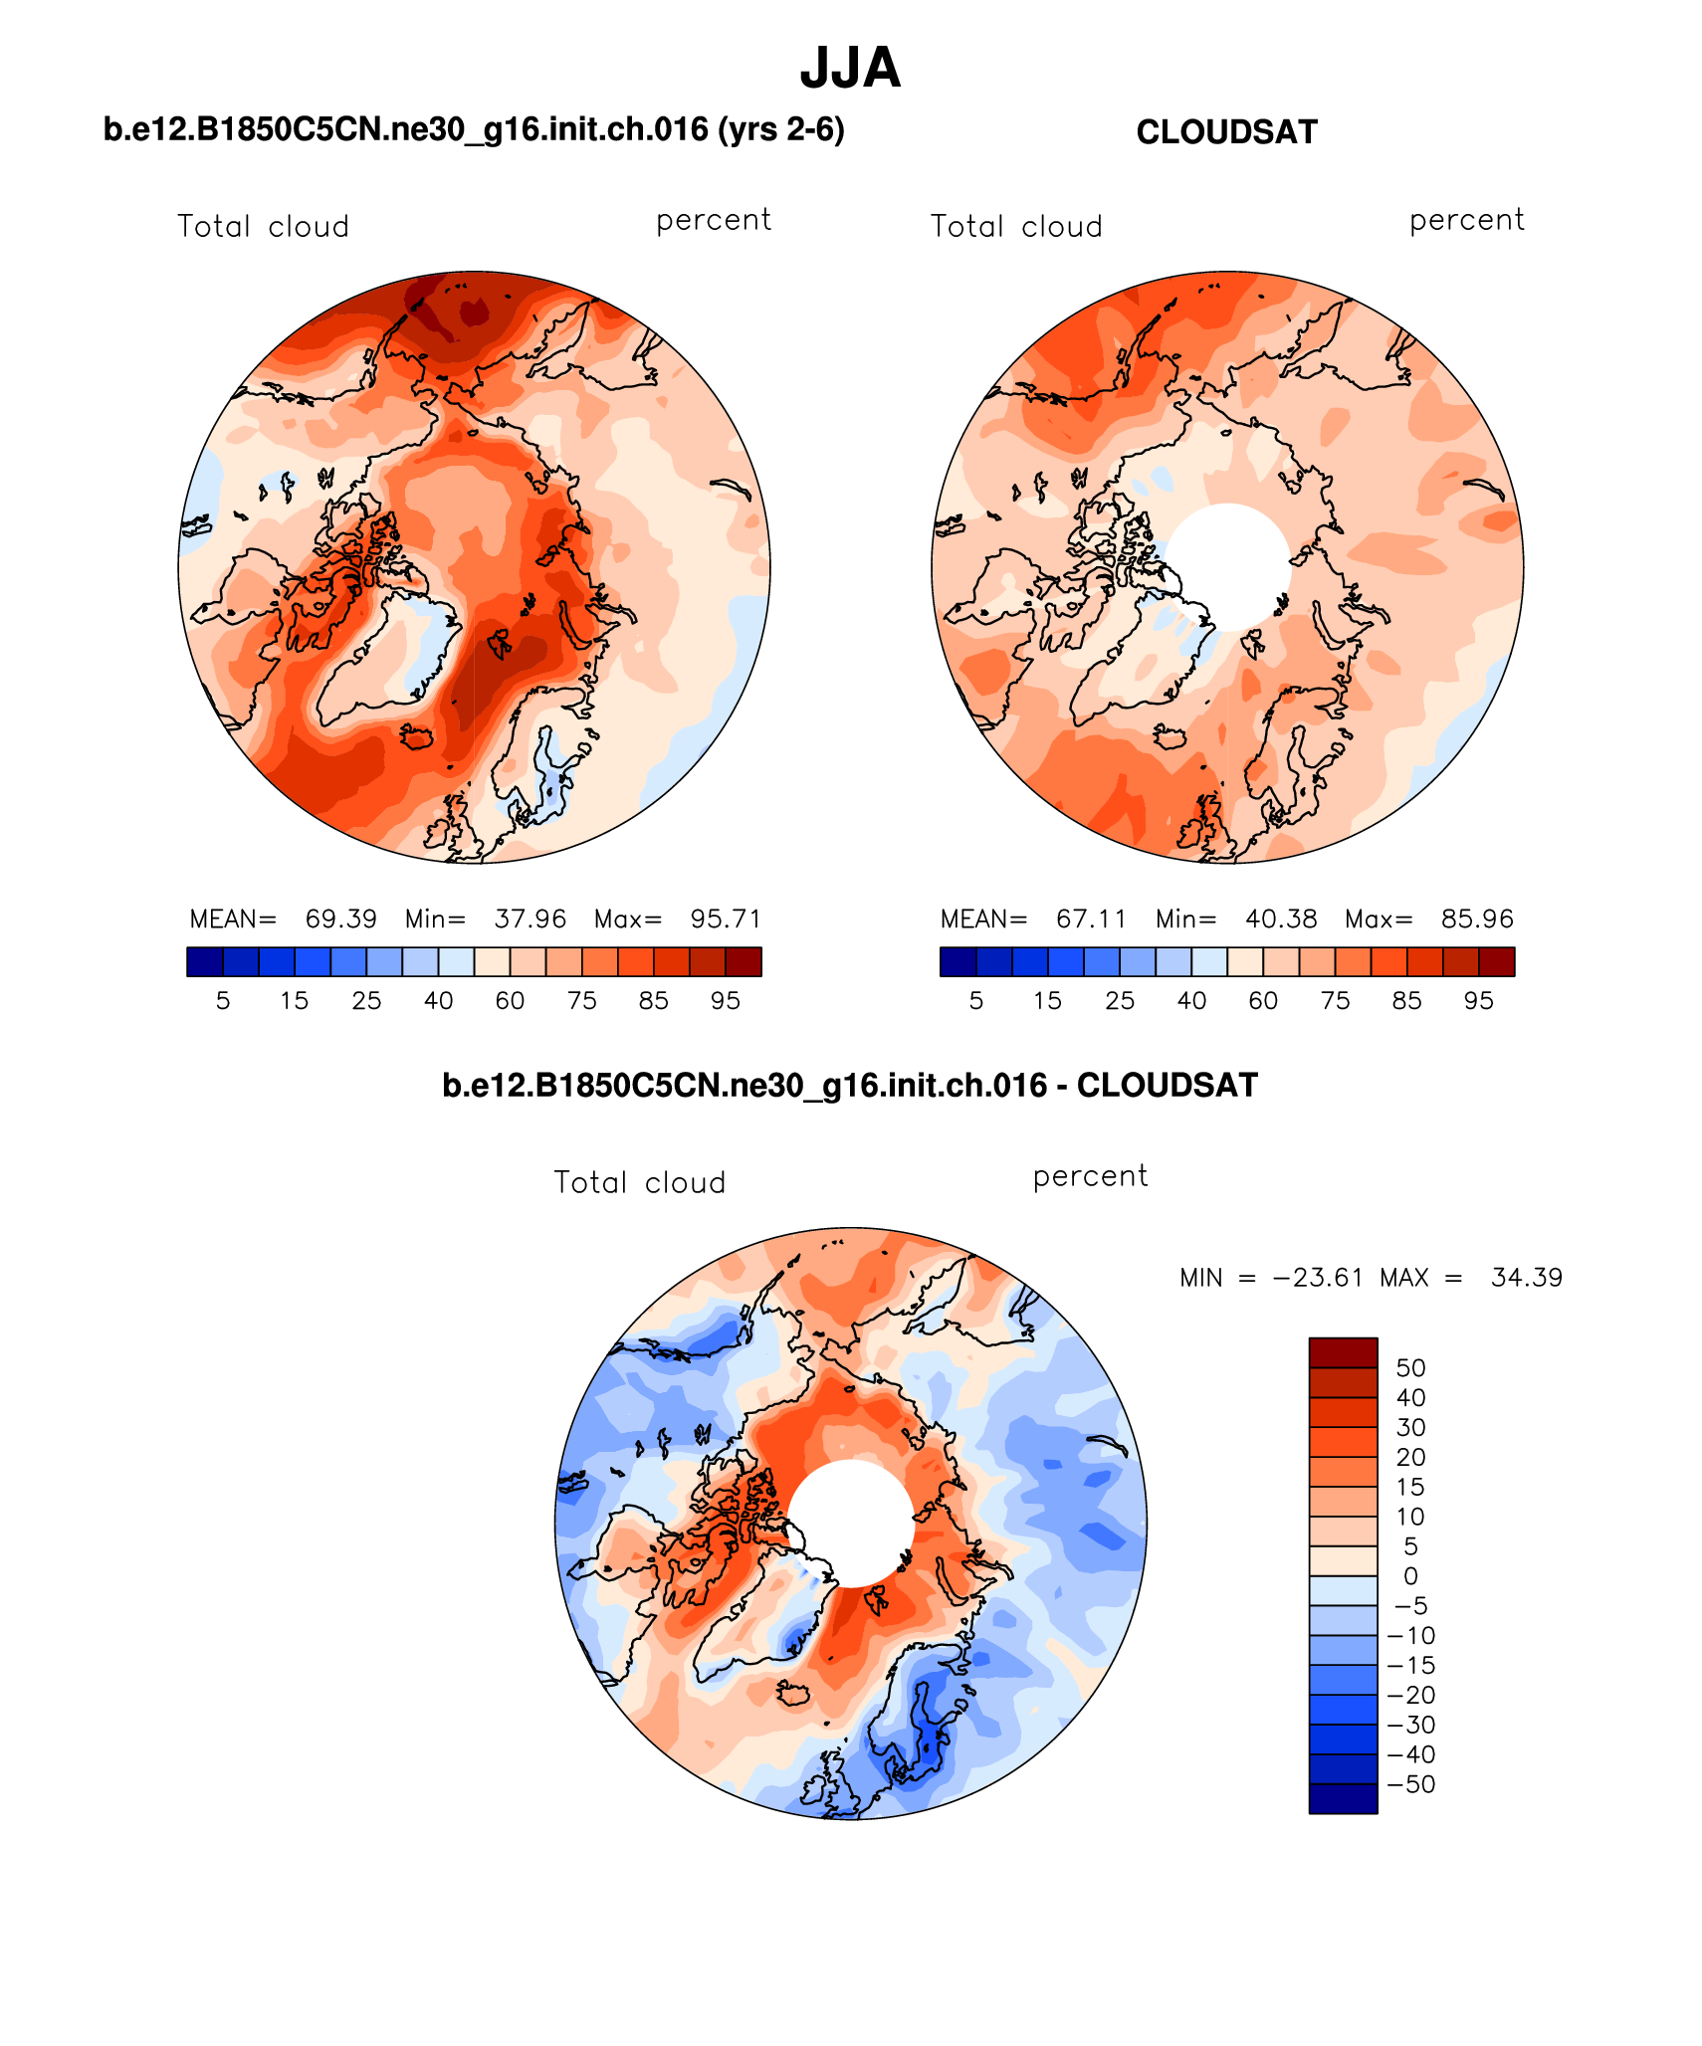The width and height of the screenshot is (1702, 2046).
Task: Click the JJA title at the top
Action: click(850, 69)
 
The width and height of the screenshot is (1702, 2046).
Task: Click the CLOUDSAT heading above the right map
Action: click(1226, 132)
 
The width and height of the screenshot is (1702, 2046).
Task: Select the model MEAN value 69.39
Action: click(340, 919)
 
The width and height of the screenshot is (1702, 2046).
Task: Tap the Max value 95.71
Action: click(726, 919)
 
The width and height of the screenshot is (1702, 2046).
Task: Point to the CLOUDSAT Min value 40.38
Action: click(1281, 919)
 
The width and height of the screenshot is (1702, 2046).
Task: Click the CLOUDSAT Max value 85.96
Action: click(1477, 919)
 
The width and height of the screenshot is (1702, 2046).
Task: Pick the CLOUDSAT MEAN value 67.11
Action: click(1091, 919)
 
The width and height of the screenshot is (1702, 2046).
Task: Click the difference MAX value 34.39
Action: click(1526, 1278)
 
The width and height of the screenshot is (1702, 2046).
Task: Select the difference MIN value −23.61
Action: click(1317, 1278)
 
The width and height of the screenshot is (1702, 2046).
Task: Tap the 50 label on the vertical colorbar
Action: click(1410, 1368)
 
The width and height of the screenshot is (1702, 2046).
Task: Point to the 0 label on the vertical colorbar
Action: click(1410, 1576)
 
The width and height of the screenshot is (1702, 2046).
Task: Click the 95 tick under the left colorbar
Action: click(726, 1001)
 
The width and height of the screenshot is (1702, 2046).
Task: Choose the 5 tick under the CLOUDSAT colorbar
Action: click(975, 1001)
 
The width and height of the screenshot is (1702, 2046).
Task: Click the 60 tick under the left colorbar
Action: click(510, 1001)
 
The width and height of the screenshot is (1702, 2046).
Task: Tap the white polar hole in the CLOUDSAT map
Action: click(1227, 566)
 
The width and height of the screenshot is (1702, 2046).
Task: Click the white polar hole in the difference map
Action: click(851, 1523)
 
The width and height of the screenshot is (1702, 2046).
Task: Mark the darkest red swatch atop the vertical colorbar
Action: click(1343, 1353)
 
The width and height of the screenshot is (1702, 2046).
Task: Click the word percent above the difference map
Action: click(1090, 1176)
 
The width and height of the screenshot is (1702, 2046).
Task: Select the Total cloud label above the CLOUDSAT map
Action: click(1016, 227)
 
